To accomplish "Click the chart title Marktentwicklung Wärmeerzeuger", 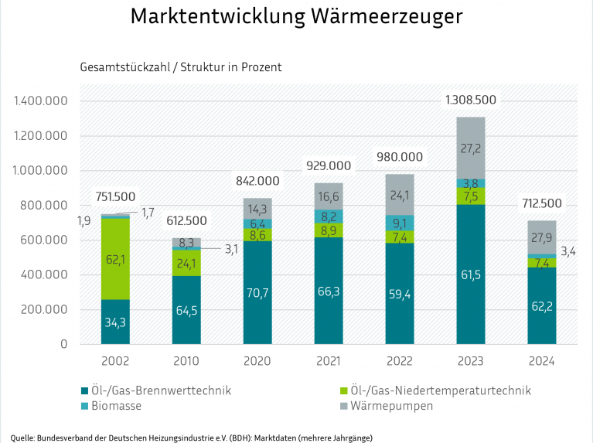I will [x=297, y=17].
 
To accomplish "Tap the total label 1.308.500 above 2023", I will [x=470, y=100].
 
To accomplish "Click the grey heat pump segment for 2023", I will [x=470, y=147].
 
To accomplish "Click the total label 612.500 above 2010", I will [x=186, y=220].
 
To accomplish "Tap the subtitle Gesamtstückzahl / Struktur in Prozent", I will [x=181, y=67].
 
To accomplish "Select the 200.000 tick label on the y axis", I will [x=44, y=310].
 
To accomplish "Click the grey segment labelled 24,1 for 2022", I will [x=399, y=194].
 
